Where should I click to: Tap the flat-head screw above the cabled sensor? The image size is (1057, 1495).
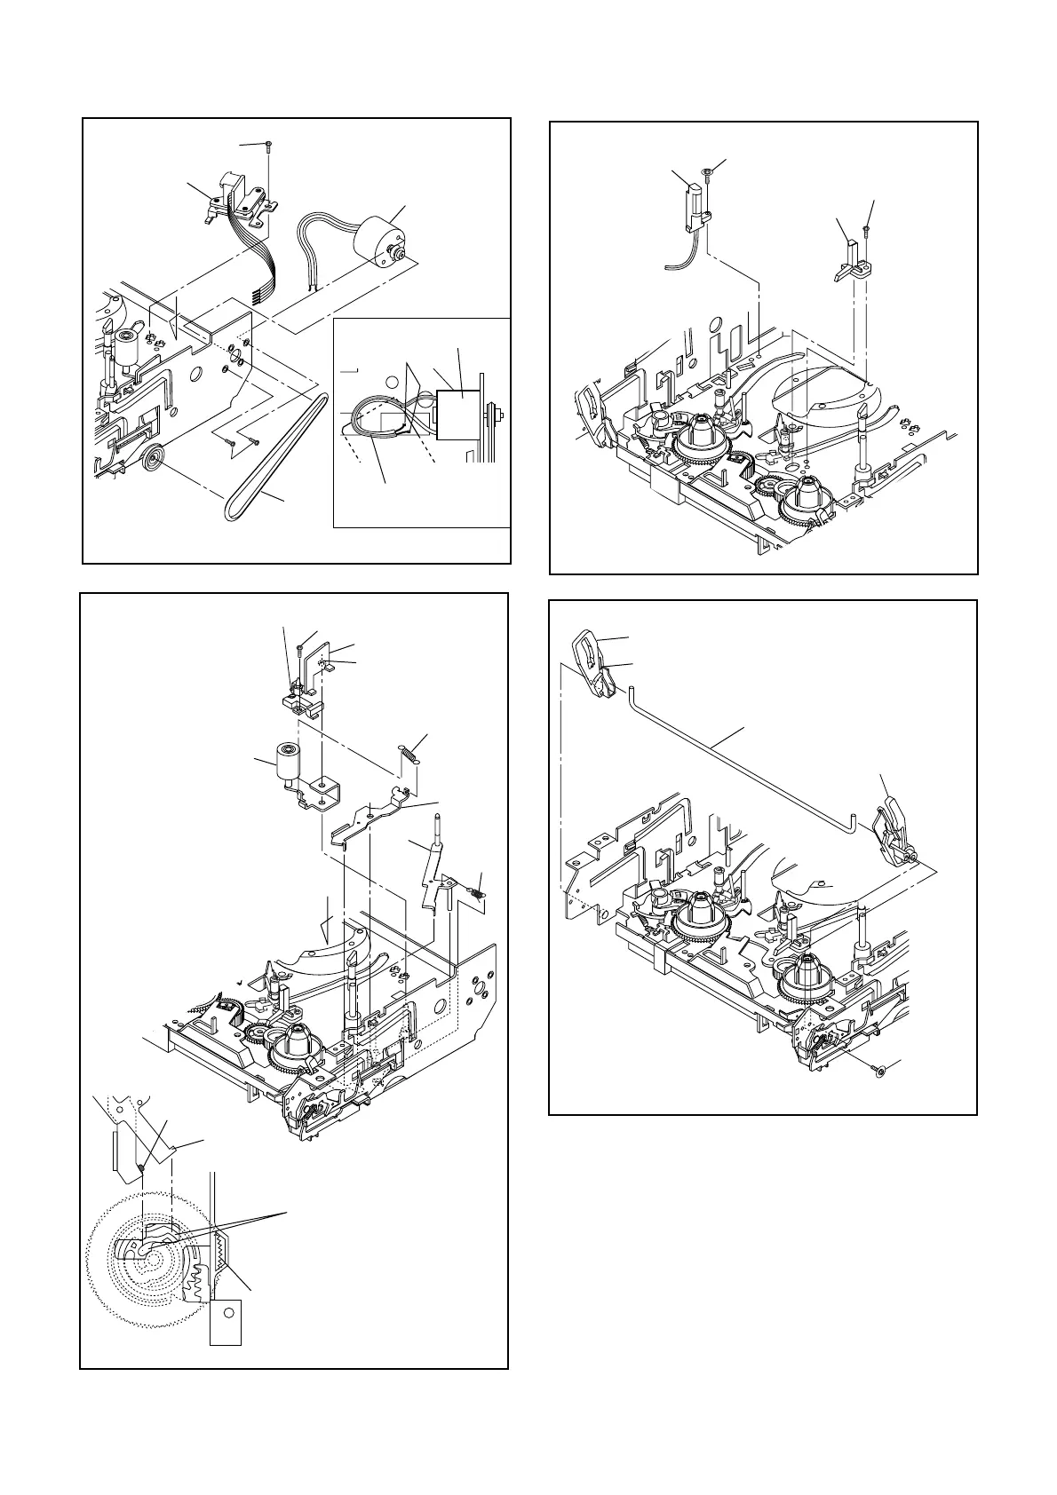708,173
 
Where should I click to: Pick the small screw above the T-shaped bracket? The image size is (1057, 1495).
865,229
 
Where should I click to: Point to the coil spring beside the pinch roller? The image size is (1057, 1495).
409,750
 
